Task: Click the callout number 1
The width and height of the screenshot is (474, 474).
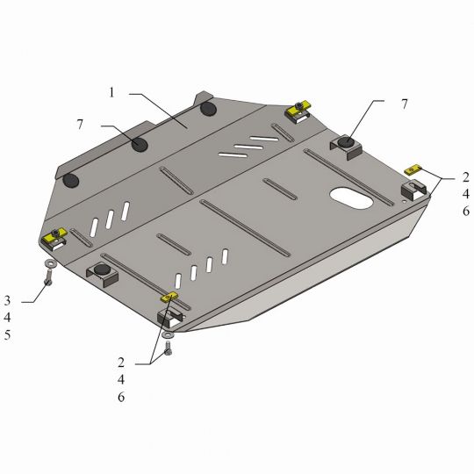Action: coord(111,92)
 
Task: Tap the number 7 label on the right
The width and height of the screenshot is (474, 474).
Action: coord(404,104)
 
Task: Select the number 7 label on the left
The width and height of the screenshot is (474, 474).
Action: coord(80,125)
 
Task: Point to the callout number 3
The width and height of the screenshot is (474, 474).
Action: coord(7,300)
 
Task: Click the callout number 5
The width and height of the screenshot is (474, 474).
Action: coord(7,335)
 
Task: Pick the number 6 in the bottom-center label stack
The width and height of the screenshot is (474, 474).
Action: coord(121,397)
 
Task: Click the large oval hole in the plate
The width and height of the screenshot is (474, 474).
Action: coord(351,198)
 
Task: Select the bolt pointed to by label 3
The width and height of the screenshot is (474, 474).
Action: coord(48,276)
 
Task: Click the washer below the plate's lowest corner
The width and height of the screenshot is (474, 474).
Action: coord(167,334)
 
